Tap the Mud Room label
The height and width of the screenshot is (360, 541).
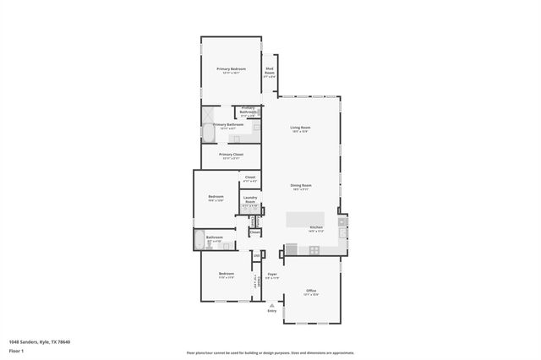tap(270, 70)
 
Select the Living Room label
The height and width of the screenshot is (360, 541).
tap(300, 128)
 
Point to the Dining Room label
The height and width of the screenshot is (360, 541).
tap(301, 185)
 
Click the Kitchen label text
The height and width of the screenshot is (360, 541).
tap(316, 227)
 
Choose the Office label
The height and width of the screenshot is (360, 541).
tap(311, 290)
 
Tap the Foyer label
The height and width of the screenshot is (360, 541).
tap(272, 275)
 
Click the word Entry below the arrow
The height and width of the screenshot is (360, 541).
tap(272, 311)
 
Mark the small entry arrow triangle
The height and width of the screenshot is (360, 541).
tap(272, 305)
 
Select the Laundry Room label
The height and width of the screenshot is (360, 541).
tap(250, 201)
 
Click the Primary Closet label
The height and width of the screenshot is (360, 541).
tap(231, 155)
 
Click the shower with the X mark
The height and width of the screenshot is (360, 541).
tap(208, 113)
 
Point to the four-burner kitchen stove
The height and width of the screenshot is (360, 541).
tap(314, 250)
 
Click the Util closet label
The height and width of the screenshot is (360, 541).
tap(256, 255)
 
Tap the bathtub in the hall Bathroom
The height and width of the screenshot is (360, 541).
tap(199, 240)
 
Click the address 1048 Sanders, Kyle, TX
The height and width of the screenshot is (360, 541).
tap(40, 341)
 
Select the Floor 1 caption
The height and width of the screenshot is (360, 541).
tap(16, 350)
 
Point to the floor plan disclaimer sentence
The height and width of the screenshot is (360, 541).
tap(270, 353)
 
